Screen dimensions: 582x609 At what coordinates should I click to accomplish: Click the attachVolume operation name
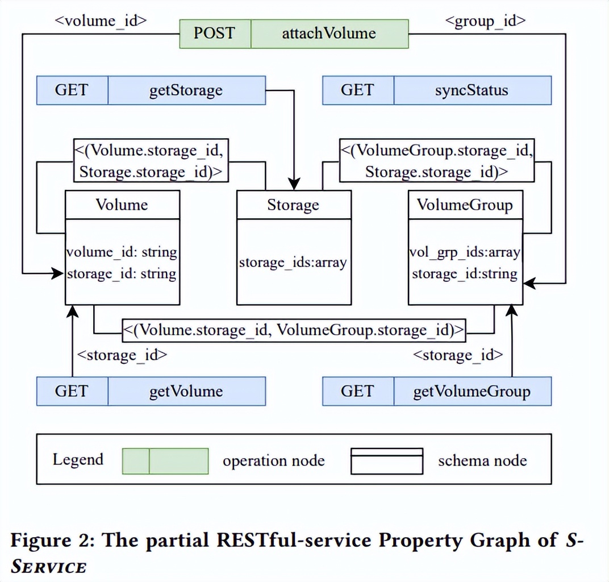click(329, 34)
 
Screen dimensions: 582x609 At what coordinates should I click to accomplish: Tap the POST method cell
click(214, 34)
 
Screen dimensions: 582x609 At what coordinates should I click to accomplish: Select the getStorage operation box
click(186, 90)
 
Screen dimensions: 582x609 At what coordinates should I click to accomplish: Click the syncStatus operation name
click(472, 90)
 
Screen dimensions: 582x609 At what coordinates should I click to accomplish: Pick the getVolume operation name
click(186, 391)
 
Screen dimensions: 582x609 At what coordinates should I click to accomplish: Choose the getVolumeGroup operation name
click(472, 391)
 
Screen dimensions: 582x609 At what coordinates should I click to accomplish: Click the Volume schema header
click(122, 205)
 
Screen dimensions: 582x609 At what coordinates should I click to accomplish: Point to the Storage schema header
click(293, 205)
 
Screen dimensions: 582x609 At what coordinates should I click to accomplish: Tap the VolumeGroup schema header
click(465, 205)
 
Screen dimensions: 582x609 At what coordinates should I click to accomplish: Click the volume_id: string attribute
click(122, 251)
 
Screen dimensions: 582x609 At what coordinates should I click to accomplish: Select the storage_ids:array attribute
click(293, 263)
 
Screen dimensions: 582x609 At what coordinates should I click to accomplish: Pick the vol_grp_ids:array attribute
click(465, 251)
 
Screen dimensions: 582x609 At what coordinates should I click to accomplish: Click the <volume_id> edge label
click(101, 21)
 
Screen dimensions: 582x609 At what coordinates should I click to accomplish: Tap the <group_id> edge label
click(485, 21)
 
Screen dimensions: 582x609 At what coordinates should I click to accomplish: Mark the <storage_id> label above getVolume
click(122, 355)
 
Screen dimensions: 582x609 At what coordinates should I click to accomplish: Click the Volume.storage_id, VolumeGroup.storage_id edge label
click(294, 330)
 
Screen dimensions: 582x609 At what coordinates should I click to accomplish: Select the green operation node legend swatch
click(165, 461)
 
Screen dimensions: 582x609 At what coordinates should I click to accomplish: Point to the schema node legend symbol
click(386, 461)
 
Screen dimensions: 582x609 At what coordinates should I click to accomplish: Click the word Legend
click(78, 459)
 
